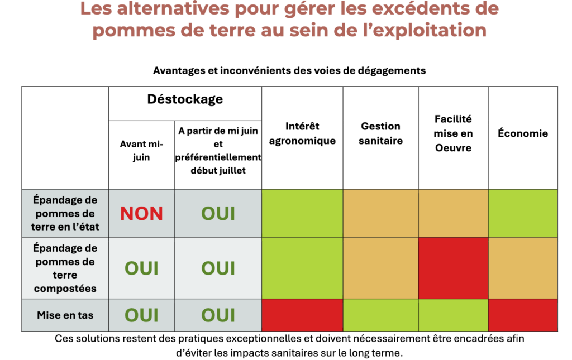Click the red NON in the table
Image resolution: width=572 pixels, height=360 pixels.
141,213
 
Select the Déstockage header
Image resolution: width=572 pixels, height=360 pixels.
185,99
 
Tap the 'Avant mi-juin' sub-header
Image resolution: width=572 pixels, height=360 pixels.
141,151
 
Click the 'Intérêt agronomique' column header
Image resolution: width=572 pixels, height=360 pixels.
302,133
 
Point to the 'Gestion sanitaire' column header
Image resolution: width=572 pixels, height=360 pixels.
380,133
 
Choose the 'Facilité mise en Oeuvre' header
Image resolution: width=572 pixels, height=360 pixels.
453,133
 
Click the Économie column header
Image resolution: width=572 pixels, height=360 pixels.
523,133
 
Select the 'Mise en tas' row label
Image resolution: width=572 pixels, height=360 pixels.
65,315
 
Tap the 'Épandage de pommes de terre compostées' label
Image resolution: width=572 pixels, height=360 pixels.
65,268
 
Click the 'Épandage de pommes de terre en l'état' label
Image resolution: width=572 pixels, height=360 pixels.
65,213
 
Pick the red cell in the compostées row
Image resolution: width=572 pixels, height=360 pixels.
453,268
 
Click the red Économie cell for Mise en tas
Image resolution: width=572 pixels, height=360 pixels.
523,315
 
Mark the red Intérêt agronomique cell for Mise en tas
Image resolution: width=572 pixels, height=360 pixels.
302,315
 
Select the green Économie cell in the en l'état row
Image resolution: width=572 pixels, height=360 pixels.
523,213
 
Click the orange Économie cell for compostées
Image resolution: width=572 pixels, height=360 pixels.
523,268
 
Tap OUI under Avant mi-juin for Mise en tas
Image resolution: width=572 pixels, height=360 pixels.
141,315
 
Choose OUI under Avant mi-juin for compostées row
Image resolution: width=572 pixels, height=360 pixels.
141,268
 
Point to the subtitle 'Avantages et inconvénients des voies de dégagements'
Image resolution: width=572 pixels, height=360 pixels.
289,71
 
